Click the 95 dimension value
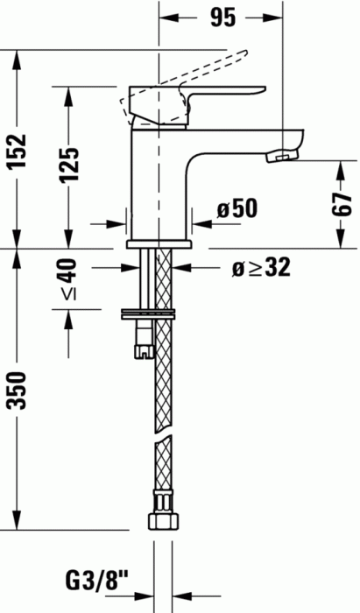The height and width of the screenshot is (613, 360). click(x=223, y=18)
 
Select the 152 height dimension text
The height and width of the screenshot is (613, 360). click(x=18, y=151)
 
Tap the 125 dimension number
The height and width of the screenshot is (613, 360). click(x=69, y=165)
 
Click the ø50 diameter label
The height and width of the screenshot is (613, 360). click(x=237, y=208)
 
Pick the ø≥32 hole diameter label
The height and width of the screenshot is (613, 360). click(x=261, y=268)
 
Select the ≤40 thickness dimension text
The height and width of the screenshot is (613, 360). click(x=69, y=279)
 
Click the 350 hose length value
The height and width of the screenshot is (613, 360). click(x=18, y=391)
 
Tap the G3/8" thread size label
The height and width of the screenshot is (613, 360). click(x=98, y=582)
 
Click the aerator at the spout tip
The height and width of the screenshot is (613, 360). click(x=281, y=156)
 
